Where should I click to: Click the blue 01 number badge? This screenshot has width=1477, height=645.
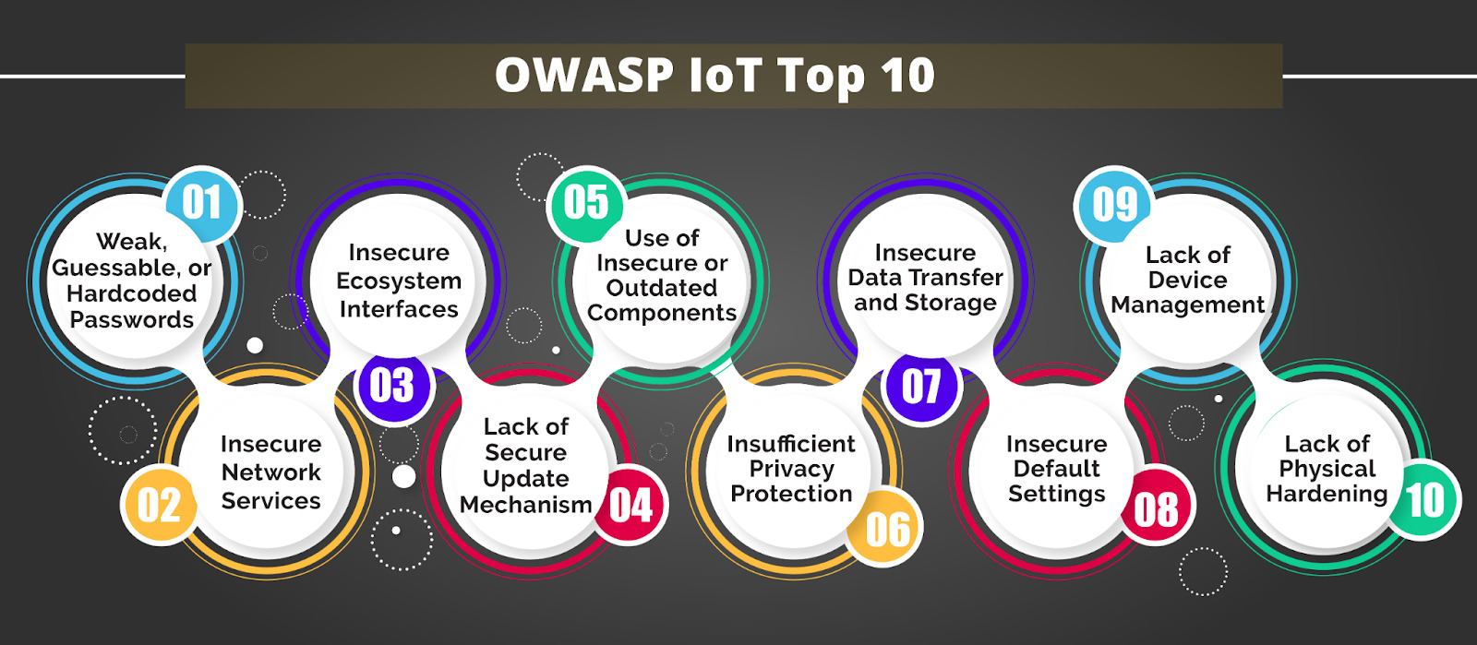tap(202, 203)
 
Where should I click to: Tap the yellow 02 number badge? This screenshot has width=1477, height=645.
tap(159, 505)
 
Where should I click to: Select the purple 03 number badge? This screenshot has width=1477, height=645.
tap(392, 386)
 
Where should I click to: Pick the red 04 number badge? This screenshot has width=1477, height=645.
tap(630, 505)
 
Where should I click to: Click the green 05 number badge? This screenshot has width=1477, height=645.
tap(586, 203)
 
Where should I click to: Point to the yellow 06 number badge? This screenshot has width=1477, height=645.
tap(887, 529)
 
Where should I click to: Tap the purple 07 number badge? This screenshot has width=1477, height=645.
tap(921, 386)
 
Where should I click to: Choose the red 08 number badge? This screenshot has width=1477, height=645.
tap(1157, 509)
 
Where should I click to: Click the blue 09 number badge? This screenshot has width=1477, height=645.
tap(1114, 204)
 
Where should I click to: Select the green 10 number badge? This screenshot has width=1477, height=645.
tap(1425, 500)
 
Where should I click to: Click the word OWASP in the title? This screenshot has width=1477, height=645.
tap(584, 76)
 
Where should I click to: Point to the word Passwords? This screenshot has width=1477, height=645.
tap(132, 320)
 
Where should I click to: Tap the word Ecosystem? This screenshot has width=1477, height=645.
tap(399, 281)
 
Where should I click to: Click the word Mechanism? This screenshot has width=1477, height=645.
tap(525, 505)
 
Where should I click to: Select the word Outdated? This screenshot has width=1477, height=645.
tap(662, 288)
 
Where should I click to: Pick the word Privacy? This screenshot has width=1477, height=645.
tap(791, 469)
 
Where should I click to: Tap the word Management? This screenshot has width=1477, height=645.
tap(1187, 305)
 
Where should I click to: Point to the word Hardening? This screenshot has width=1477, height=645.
tap(1326, 494)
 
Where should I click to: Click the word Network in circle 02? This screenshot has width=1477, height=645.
tap(270, 472)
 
